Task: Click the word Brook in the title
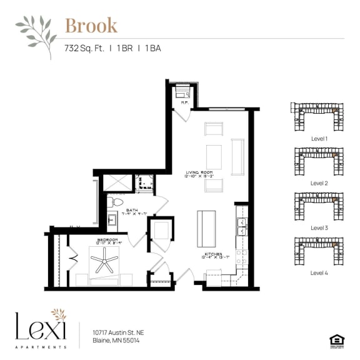[91, 26]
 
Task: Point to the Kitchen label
[211, 254]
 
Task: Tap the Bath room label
[131, 211]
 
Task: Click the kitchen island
[206, 229]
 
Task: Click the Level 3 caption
[319, 228]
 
